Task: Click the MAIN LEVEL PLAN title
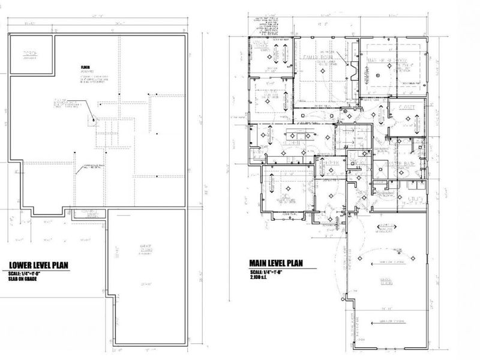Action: (x=276, y=263)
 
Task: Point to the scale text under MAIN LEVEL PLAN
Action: (x=266, y=271)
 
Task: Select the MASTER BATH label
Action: (x=399, y=163)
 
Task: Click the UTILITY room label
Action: (x=415, y=199)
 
